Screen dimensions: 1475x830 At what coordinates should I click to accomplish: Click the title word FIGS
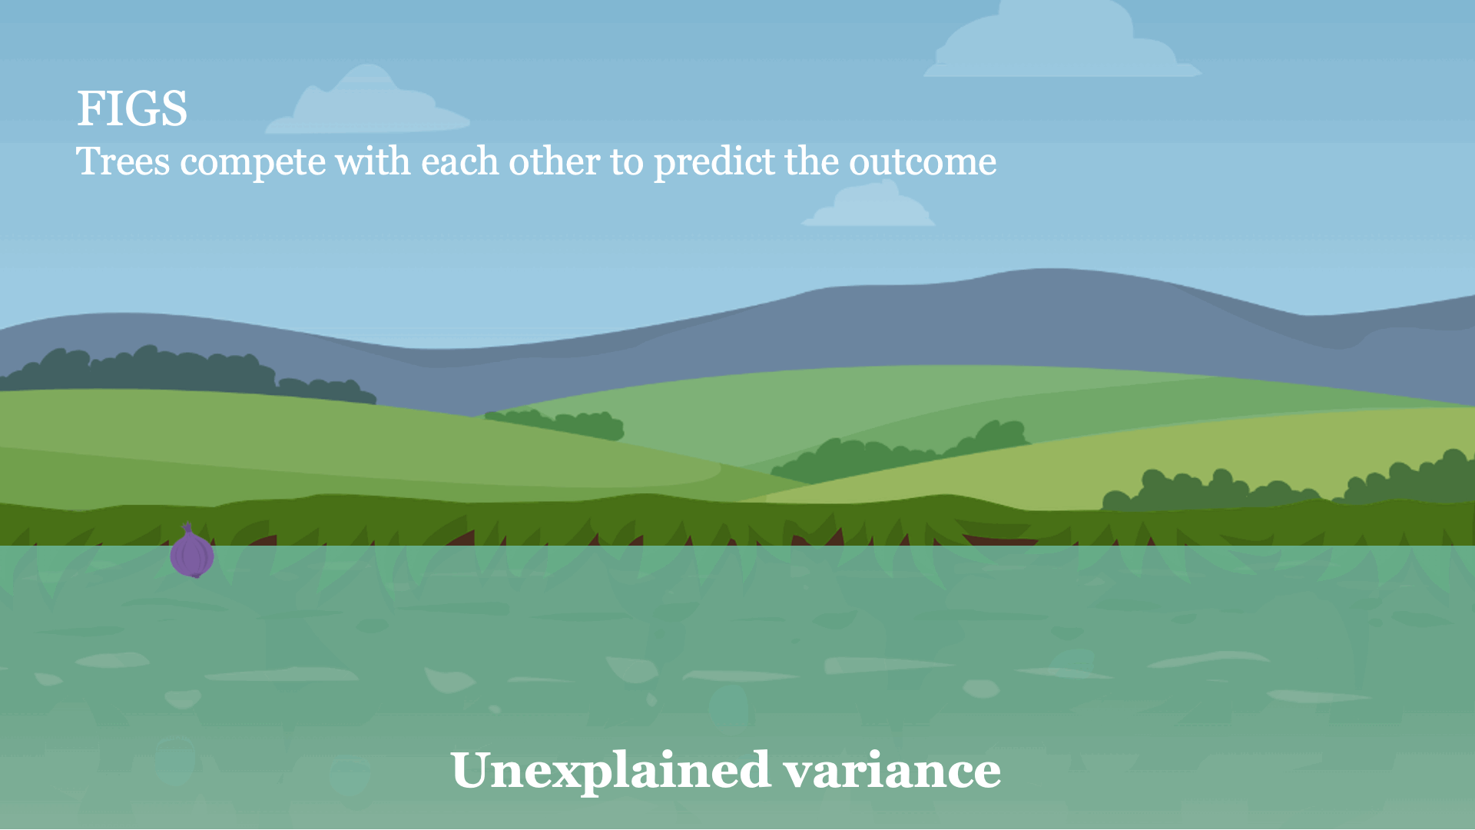[x=132, y=108]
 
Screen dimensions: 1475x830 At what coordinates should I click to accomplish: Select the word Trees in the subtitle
[x=123, y=161]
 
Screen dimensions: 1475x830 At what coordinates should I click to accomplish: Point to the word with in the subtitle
[x=373, y=161]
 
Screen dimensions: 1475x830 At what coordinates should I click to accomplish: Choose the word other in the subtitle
[x=554, y=161]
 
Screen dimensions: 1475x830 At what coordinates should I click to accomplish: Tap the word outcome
[x=923, y=163]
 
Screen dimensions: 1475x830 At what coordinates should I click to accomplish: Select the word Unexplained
[x=611, y=771]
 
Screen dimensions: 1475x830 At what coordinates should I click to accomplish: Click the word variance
[x=892, y=771]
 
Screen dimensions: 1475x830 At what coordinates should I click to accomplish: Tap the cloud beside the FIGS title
[x=367, y=101]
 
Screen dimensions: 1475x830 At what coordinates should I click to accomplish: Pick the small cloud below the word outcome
[x=868, y=204]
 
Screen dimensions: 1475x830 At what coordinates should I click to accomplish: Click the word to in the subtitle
[x=627, y=163]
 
